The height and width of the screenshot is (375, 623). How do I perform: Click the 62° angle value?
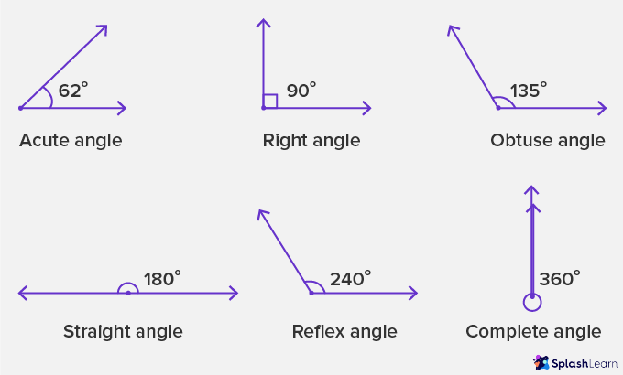click(x=72, y=91)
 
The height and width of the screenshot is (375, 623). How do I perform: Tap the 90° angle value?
click(x=301, y=91)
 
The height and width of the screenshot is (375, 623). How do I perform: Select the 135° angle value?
click(x=529, y=91)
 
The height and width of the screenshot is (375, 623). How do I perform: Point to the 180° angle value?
click(x=162, y=278)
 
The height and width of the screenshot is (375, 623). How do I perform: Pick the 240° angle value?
click(x=350, y=278)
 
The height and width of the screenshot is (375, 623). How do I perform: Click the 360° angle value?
click(x=559, y=279)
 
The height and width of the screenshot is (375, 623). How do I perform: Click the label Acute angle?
click(x=71, y=141)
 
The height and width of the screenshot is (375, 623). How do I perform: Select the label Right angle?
click(x=311, y=141)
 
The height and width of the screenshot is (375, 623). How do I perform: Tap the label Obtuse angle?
click(x=548, y=141)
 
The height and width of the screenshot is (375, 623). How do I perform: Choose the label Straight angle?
click(x=123, y=331)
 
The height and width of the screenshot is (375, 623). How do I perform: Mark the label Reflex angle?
click(x=344, y=331)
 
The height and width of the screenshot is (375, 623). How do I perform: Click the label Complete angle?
click(x=533, y=331)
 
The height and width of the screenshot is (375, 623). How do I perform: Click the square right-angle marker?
click(x=269, y=101)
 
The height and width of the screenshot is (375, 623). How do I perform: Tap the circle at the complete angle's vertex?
click(x=531, y=301)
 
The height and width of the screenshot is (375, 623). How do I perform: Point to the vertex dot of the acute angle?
click(x=20, y=108)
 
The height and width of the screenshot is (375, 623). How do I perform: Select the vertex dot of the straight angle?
click(x=128, y=293)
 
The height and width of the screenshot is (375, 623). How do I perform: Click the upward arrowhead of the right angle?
click(x=263, y=24)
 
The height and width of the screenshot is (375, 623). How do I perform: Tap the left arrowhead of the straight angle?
click(x=22, y=293)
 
